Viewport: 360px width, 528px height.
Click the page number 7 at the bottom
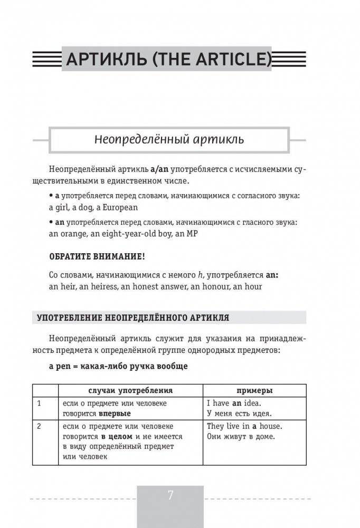tap(170, 496)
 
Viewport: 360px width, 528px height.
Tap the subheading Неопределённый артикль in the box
tap(169, 140)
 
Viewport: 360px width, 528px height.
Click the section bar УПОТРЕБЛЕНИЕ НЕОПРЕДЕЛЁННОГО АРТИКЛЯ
tap(132, 318)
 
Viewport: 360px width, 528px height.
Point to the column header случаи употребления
tap(130, 391)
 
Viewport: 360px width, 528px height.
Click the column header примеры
tap(254, 391)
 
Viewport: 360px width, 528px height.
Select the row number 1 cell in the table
tap(39, 404)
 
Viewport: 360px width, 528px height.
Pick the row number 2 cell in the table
tap(39, 426)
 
